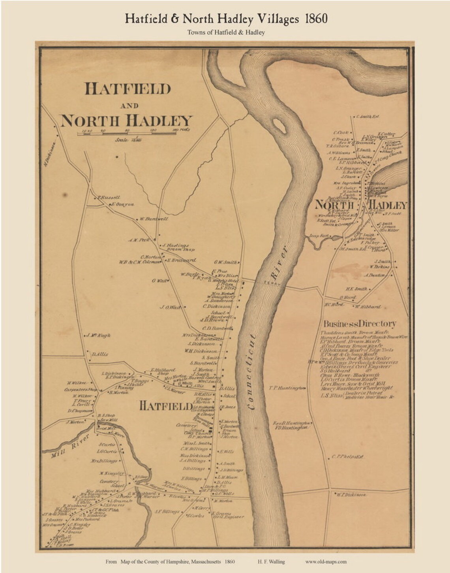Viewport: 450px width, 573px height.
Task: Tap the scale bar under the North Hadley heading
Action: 130,135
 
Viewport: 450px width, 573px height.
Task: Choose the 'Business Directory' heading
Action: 360,324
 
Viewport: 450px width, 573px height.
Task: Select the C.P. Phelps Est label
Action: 347,457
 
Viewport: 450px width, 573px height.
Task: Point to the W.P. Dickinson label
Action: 351,494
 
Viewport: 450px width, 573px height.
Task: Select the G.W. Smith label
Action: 225,262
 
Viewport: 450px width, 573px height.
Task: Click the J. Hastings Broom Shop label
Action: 176,247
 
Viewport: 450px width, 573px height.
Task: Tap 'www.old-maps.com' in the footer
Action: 326,562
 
